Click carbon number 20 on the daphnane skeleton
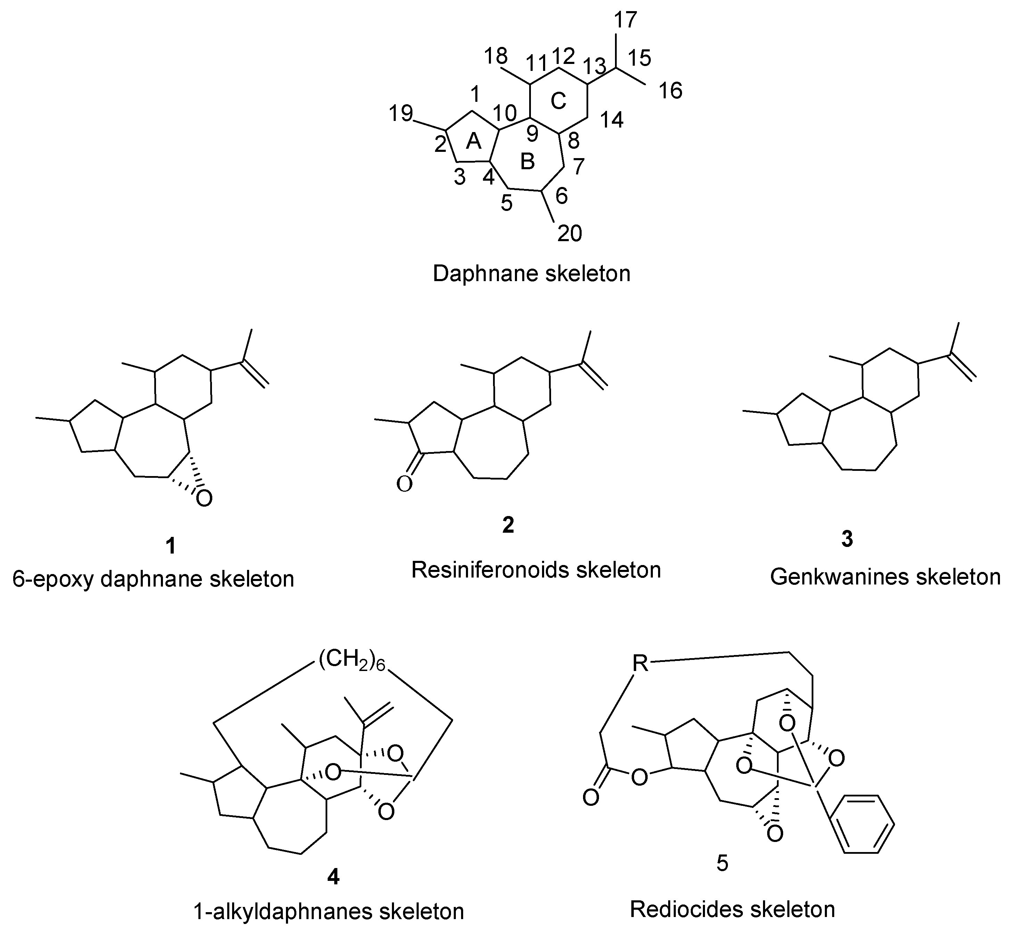569,233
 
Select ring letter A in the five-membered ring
474,141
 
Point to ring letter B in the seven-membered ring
527,162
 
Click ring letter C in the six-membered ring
558,101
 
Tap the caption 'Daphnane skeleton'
532,273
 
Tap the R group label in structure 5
640,663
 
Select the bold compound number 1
171,546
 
